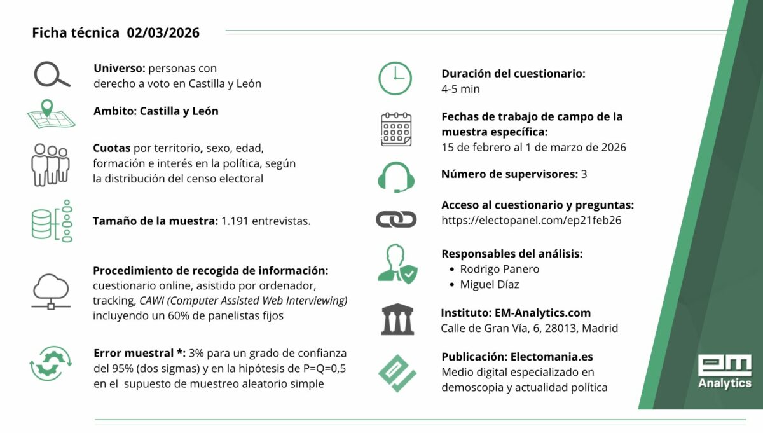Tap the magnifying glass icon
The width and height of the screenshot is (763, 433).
[x=52, y=75]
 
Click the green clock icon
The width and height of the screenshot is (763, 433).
[x=395, y=79]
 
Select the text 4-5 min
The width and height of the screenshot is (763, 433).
[x=460, y=89]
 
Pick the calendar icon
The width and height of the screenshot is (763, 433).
[x=395, y=130]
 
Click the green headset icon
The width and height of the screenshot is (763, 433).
[x=395, y=176]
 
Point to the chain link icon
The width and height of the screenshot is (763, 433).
[x=395, y=219]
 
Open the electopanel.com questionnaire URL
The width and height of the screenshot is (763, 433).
[x=531, y=221]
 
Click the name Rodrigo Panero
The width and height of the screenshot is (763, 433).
[x=499, y=269]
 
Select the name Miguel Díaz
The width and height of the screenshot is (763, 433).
[x=489, y=284]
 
